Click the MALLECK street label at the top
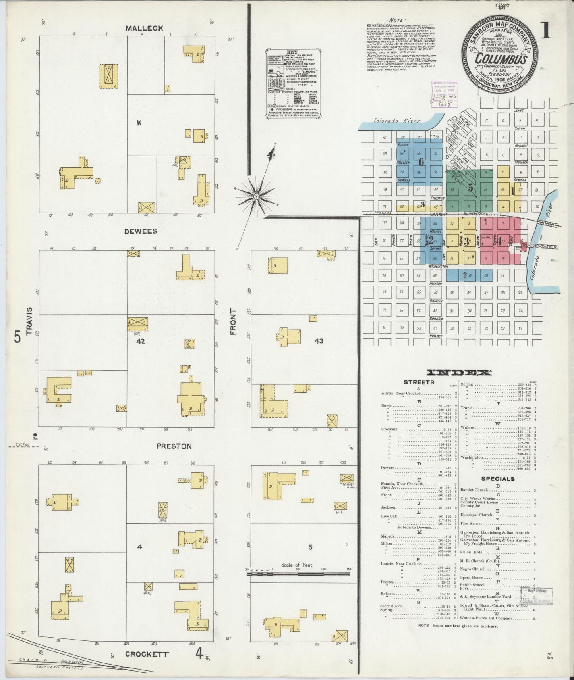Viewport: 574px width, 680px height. [138, 28]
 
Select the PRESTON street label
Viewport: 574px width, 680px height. [174, 446]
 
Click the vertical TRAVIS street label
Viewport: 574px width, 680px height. [28, 321]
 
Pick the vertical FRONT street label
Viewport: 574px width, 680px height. [233, 321]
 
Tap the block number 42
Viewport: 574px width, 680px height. [140, 340]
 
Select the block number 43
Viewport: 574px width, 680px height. [319, 340]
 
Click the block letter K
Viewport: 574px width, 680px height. [139, 123]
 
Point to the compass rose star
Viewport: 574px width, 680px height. [257, 196]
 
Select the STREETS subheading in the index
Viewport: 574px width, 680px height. [419, 382]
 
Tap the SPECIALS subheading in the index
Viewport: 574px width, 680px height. [498, 479]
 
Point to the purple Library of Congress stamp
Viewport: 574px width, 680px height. [444, 94]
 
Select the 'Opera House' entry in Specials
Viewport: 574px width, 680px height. [472, 578]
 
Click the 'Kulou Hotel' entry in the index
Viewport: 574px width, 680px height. [471, 553]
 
